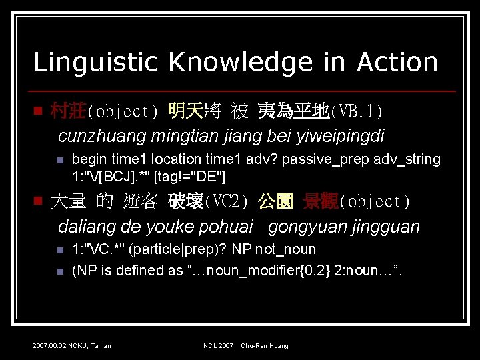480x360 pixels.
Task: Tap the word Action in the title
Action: click(x=397, y=62)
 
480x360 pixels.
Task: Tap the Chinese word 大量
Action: click(x=69, y=201)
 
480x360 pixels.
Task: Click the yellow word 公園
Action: click(x=276, y=201)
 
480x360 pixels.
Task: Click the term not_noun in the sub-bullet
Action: click(x=289, y=249)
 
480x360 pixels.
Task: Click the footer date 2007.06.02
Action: click(x=48, y=345)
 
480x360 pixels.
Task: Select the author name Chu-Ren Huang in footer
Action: click(x=265, y=345)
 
